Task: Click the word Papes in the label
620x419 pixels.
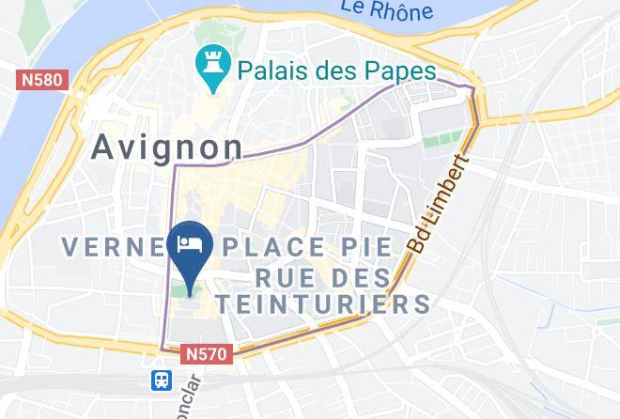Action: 395,70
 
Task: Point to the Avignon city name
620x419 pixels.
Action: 166,146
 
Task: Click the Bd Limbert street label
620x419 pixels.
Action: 439,203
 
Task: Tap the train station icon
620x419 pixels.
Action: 163,379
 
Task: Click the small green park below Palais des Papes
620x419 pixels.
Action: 435,143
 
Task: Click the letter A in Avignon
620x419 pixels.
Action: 104,147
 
